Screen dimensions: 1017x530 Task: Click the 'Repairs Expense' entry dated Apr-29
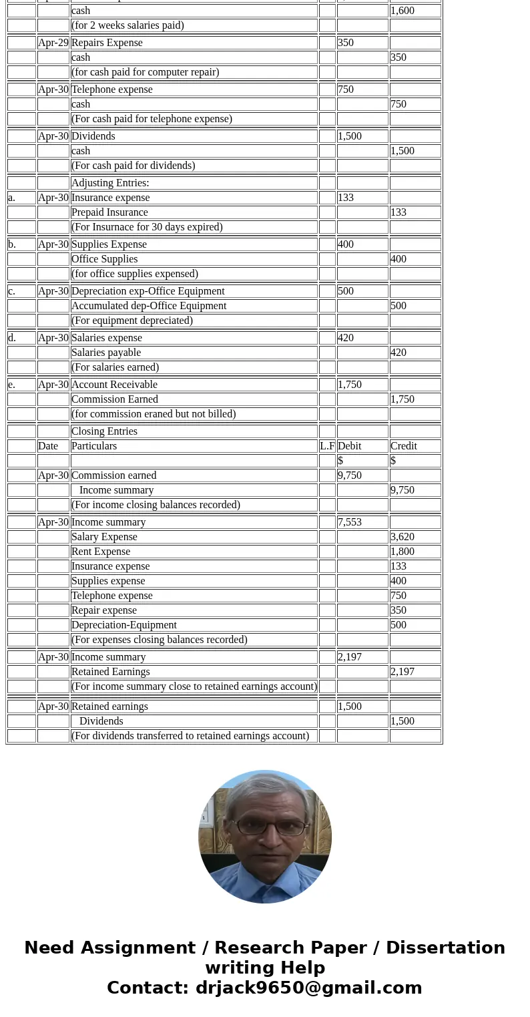click(107, 43)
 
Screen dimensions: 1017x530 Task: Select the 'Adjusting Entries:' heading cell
click(110, 183)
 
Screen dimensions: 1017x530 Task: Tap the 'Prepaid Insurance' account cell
click(109, 212)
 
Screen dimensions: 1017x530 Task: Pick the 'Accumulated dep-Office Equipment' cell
click(149, 306)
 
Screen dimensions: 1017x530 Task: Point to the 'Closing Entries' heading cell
click(104, 431)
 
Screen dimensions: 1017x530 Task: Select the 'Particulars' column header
click(94, 446)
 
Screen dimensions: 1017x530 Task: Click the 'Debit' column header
click(350, 446)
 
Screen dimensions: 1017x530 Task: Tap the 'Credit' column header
click(404, 446)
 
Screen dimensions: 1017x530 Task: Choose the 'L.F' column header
click(327, 446)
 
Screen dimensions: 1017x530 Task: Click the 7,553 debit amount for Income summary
click(350, 522)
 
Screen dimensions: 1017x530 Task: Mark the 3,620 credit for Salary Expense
click(403, 537)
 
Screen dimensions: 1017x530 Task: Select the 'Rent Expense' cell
click(101, 552)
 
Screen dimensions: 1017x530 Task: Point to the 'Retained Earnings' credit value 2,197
click(403, 672)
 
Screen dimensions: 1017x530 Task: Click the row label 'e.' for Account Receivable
click(12, 385)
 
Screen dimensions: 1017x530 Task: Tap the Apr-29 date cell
click(53, 43)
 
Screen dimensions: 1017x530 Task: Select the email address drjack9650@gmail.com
click(308, 988)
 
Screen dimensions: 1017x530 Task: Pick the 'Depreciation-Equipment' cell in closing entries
click(124, 625)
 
